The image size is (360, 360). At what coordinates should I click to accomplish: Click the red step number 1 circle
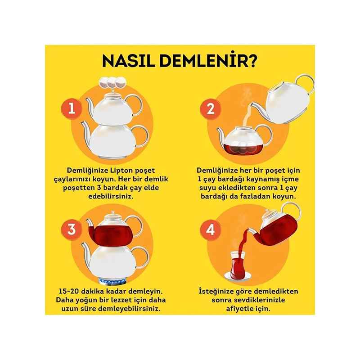pos(72,108)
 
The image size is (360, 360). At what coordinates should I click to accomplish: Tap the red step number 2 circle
pos(210,109)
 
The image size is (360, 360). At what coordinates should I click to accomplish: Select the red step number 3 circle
pos(72,229)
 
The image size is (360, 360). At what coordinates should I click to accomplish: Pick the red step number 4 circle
pos(210,230)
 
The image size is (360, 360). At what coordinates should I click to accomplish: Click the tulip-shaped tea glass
pos(237,265)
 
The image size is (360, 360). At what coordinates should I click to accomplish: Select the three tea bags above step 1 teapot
pos(112,82)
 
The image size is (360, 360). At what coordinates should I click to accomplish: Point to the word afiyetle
pos(239,309)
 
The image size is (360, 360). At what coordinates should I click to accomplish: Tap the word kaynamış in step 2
pos(265,179)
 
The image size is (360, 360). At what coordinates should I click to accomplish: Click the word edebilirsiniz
pos(111,197)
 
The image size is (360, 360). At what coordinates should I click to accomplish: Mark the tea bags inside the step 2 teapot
pos(243,148)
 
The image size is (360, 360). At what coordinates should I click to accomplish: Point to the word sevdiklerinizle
pos(248,300)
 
